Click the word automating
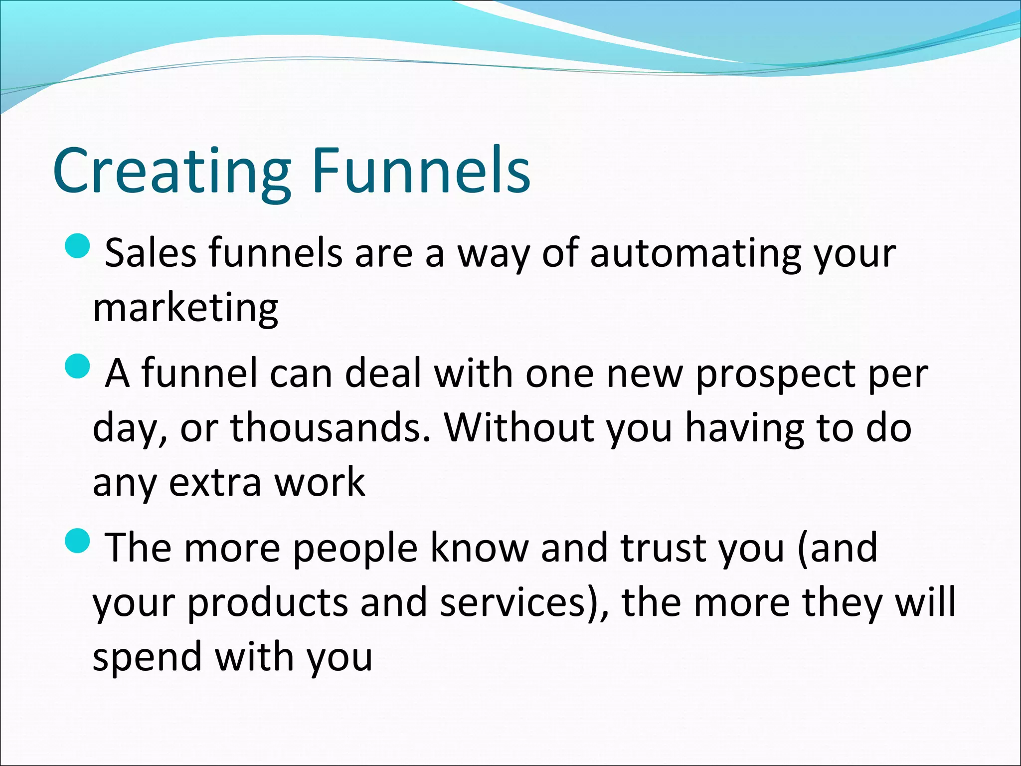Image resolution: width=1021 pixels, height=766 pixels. click(695, 253)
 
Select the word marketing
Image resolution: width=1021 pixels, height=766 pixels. click(185, 308)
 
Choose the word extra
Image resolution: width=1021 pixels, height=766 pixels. click(215, 483)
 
